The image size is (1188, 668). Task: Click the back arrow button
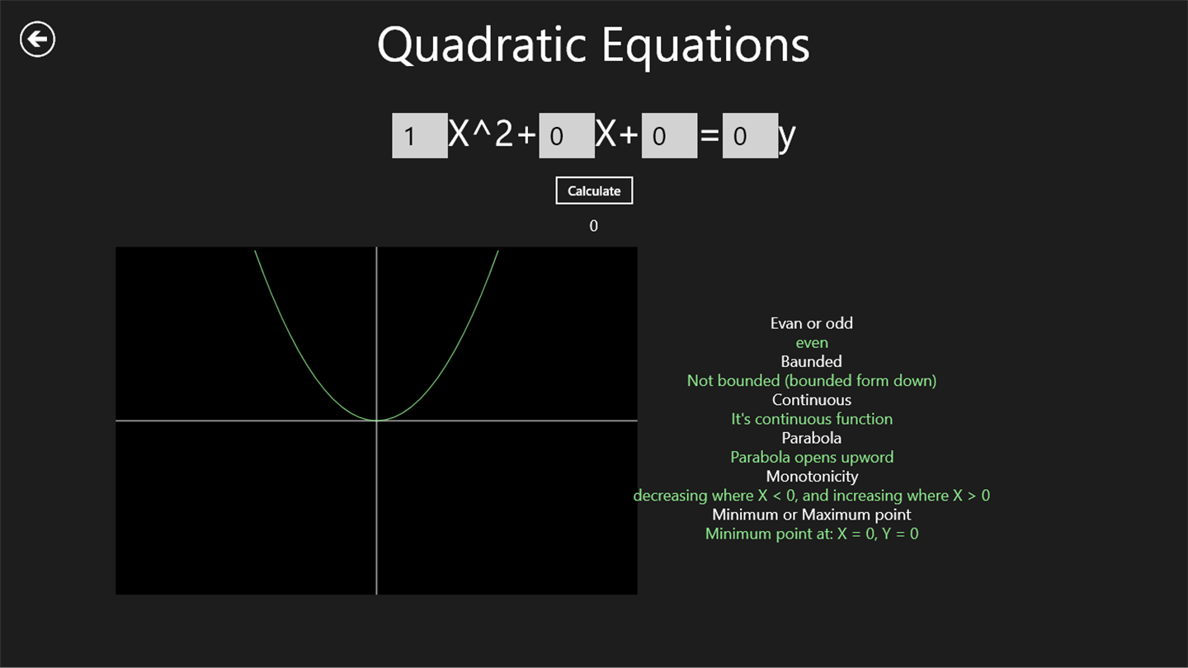click(x=37, y=40)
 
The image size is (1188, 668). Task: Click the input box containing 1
click(x=419, y=136)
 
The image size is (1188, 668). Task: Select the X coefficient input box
click(x=567, y=136)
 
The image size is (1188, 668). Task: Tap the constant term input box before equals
click(x=669, y=136)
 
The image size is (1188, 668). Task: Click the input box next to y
click(x=750, y=136)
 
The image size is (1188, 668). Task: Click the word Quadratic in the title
click(x=482, y=47)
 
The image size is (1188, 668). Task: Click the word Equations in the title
click(x=706, y=47)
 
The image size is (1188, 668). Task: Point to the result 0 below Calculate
click(x=593, y=226)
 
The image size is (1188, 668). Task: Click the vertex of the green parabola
click(x=376, y=421)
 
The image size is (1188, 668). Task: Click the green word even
click(x=812, y=343)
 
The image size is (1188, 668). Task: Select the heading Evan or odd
click(x=812, y=323)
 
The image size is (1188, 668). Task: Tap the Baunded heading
click(x=812, y=361)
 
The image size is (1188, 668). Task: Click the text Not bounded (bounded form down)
click(x=812, y=381)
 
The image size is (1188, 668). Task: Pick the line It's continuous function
click(x=812, y=419)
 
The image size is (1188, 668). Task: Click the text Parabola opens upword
click(x=812, y=457)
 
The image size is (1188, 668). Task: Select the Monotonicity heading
click(x=812, y=477)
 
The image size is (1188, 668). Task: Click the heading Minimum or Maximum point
click(x=812, y=515)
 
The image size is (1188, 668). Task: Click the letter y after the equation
click(x=787, y=138)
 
